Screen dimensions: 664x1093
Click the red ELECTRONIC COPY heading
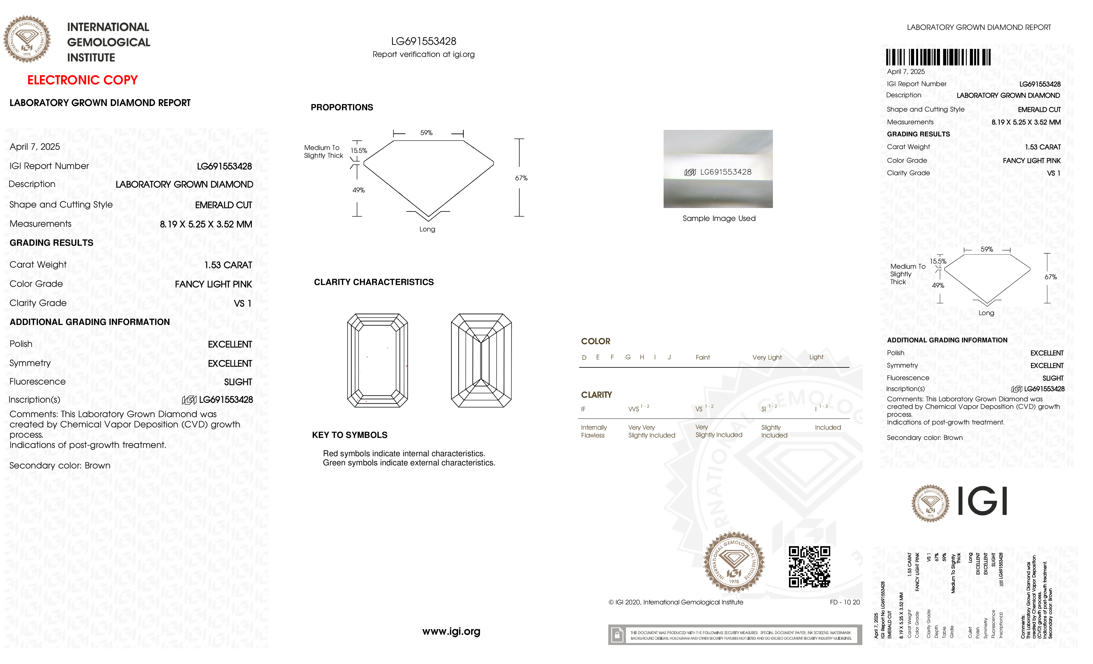pyautogui.click(x=83, y=80)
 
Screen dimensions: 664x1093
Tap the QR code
pyautogui.click(x=809, y=567)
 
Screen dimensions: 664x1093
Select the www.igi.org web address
pyautogui.click(x=451, y=631)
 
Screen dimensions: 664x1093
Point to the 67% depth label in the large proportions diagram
pyautogui.click(x=521, y=178)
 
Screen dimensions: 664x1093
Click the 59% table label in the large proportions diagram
pyautogui.click(x=426, y=133)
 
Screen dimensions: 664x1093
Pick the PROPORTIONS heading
pyautogui.click(x=342, y=107)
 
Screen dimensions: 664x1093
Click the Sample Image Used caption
pyautogui.click(x=719, y=218)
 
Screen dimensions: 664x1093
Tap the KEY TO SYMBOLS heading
pyautogui.click(x=350, y=435)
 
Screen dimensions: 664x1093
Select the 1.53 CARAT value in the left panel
pyautogui.click(x=228, y=265)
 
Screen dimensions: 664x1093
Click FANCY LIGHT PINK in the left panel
pyautogui.click(x=213, y=284)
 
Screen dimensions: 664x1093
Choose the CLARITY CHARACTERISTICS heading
pyautogui.click(x=373, y=282)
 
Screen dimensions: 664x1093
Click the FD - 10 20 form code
pyautogui.click(x=845, y=602)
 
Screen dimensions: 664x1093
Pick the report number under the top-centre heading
pyautogui.click(x=424, y=41)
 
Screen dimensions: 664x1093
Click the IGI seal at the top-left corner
pyautogui.click(x=27, y=39)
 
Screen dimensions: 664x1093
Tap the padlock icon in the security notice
pyautogui.click(x=617, y=635)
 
